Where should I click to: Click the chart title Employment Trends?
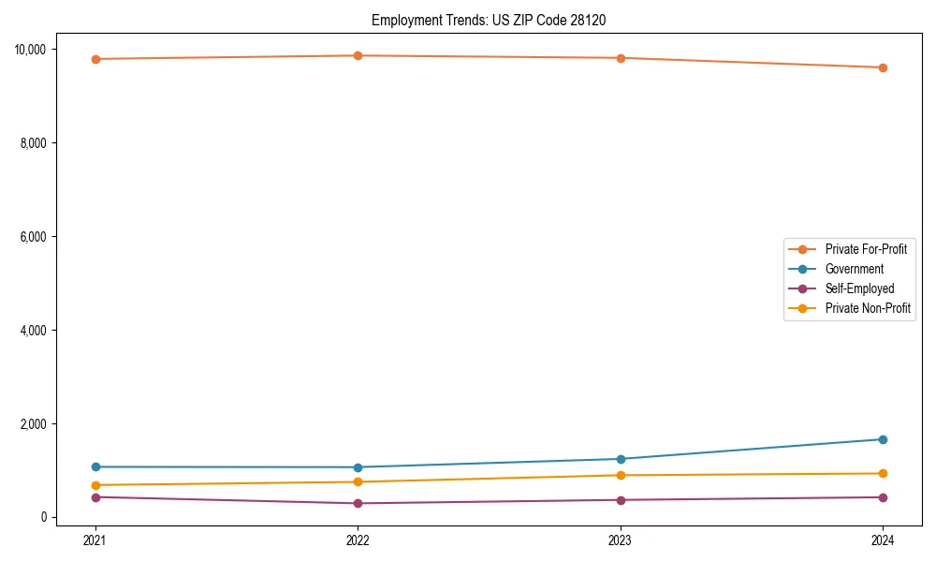[489, 20]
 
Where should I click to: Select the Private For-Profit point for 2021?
[95, 59]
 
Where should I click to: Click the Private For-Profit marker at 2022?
[358, 55]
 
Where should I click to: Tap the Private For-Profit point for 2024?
[883, 67]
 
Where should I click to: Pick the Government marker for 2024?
[883, 439]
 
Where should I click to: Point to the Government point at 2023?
[620, 459]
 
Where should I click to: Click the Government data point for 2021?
[95, 466]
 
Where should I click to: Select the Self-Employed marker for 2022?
[358, 503]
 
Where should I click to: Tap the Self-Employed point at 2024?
[883, 497]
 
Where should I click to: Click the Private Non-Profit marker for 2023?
[620, 475]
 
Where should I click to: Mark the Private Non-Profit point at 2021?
[95, 485]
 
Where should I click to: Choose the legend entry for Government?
[854, 269]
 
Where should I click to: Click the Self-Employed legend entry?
[859, 288]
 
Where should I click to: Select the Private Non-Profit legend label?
[868, 308]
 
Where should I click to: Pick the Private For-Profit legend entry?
[865, 249]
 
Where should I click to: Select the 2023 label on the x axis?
[620, 540]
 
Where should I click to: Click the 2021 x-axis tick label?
[95, 540]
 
